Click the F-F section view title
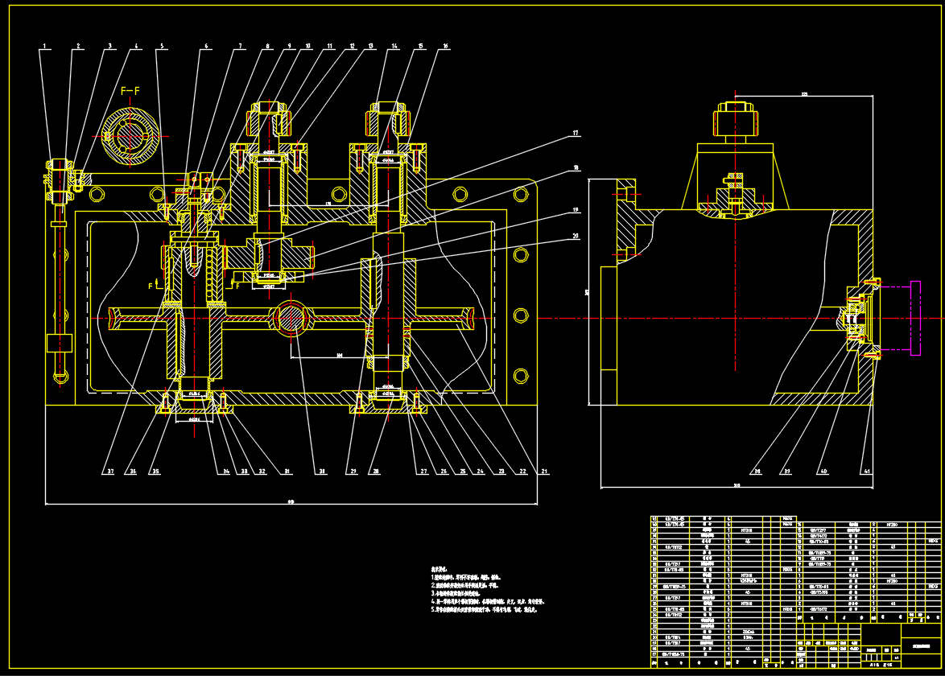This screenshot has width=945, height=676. [x=130, y=90]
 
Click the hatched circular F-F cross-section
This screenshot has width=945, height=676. [x=130, y=134]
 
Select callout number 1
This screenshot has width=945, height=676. [x=45, y=47]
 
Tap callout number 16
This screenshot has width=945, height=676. [x=445, y=47]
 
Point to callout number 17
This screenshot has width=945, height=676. [x=576, y=132]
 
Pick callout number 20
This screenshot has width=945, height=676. [x=576, y=236]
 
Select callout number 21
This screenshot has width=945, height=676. [x=544, y=471]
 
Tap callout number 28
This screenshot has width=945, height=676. [x=374, y=471]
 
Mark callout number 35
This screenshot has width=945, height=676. [x=156, y=471]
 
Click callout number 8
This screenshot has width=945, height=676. [x=268, y=47]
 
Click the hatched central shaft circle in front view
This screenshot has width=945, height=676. [x=291, y=317]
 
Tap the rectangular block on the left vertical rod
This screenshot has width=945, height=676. [x=60, y=343]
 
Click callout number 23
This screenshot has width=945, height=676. [x=501, y=471]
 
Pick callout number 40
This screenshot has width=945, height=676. [x=823, y=471]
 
